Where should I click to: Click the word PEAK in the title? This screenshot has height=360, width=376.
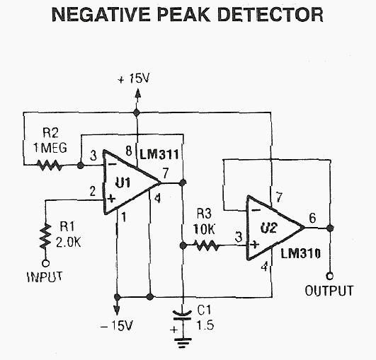point(183,15)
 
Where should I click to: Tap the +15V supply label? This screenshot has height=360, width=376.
point(134,79)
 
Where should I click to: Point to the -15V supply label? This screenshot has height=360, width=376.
point(117,325)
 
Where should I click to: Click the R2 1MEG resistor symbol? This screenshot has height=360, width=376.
point(49,166)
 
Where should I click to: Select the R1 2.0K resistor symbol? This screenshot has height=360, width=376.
point(45,236)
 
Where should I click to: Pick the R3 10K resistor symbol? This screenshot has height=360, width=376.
point(207,245)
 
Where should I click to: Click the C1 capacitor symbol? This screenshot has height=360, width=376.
point(183,315)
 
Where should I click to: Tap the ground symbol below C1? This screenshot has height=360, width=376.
point(183,343)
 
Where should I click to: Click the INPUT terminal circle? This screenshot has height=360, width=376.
point(45,263)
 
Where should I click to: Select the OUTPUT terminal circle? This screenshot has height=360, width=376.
point(330,276)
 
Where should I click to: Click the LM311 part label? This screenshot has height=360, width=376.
point(159,154)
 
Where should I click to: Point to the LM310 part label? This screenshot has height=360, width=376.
point(301,253)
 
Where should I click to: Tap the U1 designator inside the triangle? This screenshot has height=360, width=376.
point(123,182)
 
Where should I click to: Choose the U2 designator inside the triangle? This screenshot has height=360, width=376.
point(269,228)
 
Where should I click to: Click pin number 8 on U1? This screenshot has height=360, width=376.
point(129,151)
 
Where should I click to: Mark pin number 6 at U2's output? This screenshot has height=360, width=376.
point(312,218)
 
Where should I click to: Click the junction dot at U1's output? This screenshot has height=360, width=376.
point(183,182)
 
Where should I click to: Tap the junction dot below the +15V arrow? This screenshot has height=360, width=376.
point(137,112)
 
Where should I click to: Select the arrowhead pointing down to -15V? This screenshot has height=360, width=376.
point(117,310)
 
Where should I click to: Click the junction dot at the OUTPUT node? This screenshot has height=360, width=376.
point(330,228)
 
